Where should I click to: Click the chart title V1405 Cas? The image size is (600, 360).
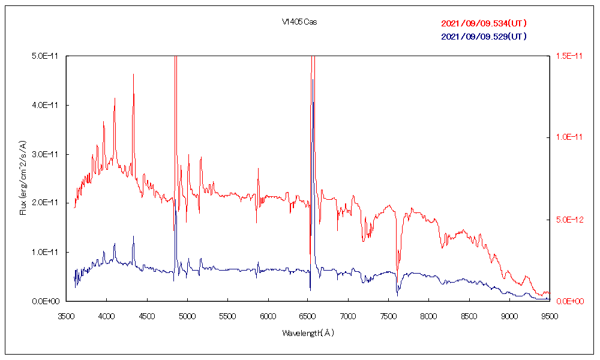pyautogui.click(x=299, y=22)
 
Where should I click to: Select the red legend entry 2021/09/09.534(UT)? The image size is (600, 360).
pyautogui.click(x=484, y=24)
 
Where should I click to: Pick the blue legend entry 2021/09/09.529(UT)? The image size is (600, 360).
pyautogui.click(x=484, y=37)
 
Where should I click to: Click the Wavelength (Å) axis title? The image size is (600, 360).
pyautogui.click(x=308, y=332)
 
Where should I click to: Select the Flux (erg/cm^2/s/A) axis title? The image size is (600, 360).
pyautogui.click(x=23, y=178)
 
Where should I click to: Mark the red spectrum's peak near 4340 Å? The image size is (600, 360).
pyautogui.click(x=133, y=74)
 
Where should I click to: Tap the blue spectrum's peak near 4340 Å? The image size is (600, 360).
pyautogui.click(x=133, y=236)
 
